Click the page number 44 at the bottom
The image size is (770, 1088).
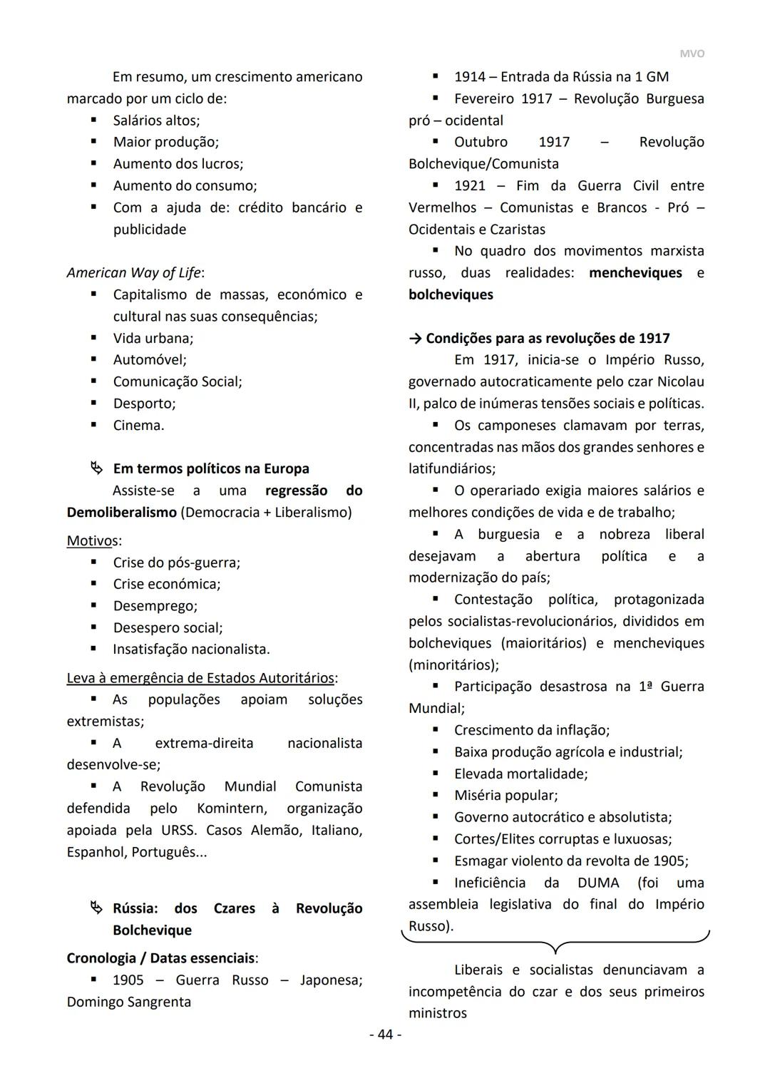pyautogui.click(x=385, y=1034)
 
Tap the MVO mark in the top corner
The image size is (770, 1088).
pyautogui.click(x=691, y=54)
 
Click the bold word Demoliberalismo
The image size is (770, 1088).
pyautogui.click(x=121, y=512)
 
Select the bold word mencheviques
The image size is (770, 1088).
pyautogui.click(x=635, y=272)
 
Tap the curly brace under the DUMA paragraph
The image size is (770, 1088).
pyautogui.click(x=555, y=943)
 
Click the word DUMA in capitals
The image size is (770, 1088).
pyautogui.click(x=598, y=882)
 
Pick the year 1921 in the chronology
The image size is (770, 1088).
pyautogui.click(x=469, y=185)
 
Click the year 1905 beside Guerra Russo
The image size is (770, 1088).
pyautogui.click(x=128, y=980)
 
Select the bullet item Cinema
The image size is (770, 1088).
pyautogui.click(x=138, y=425)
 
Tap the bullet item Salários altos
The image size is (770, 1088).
pyautogui.click(x=156, y=120)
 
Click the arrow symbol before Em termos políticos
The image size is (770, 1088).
pyautogui.click(x=96, y=468)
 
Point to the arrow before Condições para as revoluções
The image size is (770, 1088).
pyautogui.click(x=415, y=338)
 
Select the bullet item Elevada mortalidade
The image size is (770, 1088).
pyautogui.click(x=520, y=773)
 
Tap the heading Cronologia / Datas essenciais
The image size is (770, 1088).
pyautogui.click(x=160, y=958)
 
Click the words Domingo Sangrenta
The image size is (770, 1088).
pyautogui.click(x=129, y=1002)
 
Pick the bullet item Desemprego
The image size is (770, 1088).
pyautogui.click(x=155, y=605)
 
